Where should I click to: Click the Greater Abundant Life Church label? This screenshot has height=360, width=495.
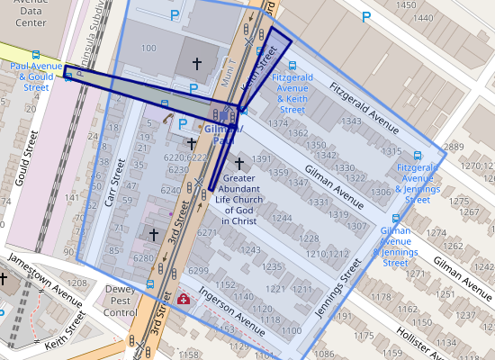point(238,199)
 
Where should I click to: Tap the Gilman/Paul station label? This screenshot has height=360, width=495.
point(219,135)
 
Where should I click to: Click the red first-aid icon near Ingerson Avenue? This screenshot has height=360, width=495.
point(184,299)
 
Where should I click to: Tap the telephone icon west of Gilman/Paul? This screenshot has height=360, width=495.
point(166,116)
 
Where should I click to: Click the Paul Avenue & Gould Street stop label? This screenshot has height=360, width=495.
point(36,76)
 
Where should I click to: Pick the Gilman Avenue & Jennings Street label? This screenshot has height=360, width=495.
point(396,247)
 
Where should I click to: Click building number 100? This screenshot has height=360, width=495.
point(148,47)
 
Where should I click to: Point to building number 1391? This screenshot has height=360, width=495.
point(261,159)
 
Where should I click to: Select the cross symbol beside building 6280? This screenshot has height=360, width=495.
point(154,234)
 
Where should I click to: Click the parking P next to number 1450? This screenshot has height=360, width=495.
point(365,16)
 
